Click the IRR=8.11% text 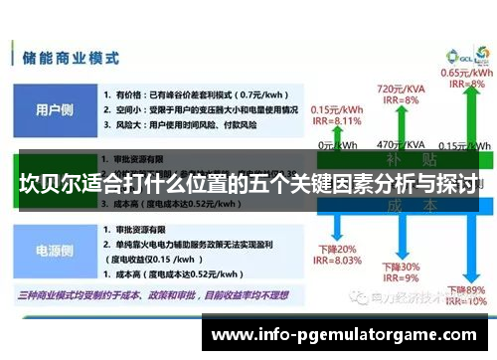point(336,120)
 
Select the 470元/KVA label point(397,145)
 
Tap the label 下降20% point(335,249)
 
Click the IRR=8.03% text point(335,261)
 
